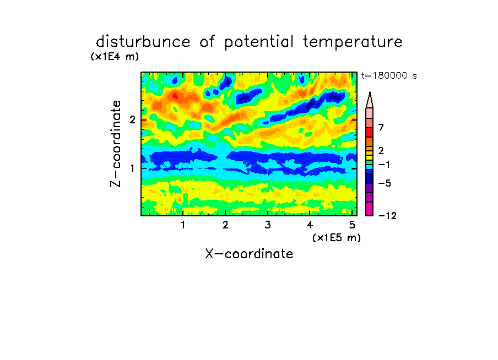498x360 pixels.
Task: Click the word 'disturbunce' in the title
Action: (143, 42)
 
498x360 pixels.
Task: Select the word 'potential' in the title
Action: (259, 42)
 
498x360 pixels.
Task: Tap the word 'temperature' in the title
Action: (353, 42)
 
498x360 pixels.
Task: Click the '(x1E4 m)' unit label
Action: (115, 57)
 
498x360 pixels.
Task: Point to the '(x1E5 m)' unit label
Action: (337, 237)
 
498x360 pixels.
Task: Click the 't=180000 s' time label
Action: (389, 75)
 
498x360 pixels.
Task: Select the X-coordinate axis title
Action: (249, 254)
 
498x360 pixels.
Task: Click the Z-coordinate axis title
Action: (116, 144)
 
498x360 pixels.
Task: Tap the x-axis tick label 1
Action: (183, 225)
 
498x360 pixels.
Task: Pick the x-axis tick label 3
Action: (268, 225)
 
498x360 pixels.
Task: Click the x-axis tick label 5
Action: (352, 225)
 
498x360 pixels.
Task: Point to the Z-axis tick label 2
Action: (132, 120)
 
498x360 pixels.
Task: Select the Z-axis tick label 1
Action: (132, 168)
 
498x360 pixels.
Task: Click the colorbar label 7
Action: (381, 128)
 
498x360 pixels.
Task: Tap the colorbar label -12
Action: (387, 216)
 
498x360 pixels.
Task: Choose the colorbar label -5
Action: (385, 183)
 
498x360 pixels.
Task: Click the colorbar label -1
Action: (384, 165)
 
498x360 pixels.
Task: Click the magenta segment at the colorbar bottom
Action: (370, 209)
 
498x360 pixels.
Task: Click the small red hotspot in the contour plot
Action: (175, 95)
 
